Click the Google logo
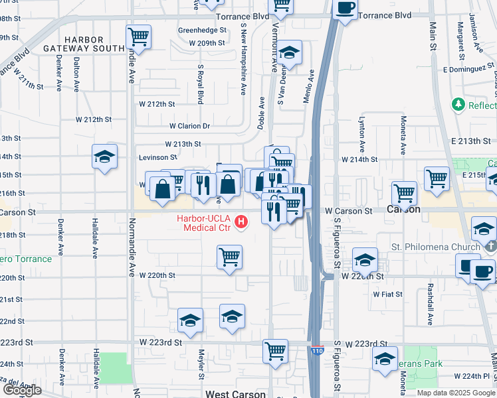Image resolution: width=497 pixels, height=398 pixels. click(x=21, y=390)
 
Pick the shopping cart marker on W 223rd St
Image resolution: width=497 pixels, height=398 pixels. click(x=274, y=350)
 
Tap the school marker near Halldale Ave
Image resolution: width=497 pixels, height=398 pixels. click(x=105, y=157)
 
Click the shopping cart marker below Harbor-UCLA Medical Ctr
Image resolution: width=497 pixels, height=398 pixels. click(x=229, y=256)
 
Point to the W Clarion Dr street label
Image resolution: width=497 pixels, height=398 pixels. click(x=189, y=125)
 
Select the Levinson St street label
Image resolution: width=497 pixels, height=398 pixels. click(x=157, y=157)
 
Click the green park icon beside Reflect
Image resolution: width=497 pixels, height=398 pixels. click(x=458, y=105)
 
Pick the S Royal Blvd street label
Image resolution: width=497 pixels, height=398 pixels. click(x=200, y=84)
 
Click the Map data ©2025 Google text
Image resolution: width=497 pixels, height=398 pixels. click(x=455, y=393)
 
